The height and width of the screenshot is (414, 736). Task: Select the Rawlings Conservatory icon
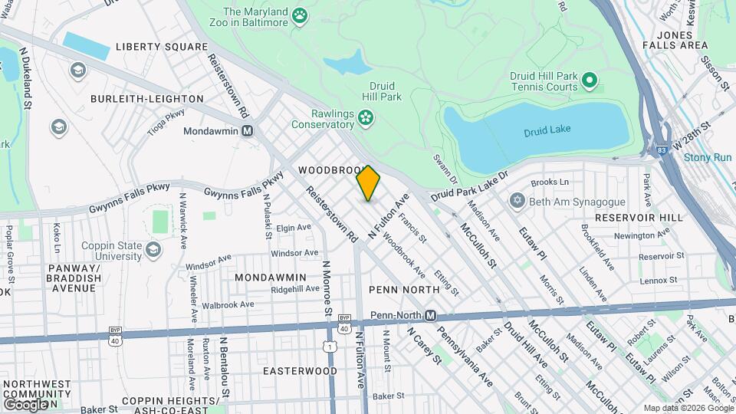(x=366, y=117)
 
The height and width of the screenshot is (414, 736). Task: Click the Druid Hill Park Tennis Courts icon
(x=589, y=79)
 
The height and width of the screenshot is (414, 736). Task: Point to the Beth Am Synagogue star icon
(x=517, y=200)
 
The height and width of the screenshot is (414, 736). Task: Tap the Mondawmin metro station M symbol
(x=248, y=130)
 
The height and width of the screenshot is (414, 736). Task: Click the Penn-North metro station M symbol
(x=431, y=316)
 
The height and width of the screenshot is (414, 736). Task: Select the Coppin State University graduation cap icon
(x=153, y=250)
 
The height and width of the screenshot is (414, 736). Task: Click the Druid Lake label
(x=547, y=132)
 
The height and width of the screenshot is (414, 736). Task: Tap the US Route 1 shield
(x=330, y=347)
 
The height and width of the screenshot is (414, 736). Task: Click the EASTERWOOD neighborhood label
(x=300, y=370)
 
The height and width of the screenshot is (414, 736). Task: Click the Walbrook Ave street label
(x=225, y=304)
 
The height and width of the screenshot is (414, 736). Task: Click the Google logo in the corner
(x=26, y=403)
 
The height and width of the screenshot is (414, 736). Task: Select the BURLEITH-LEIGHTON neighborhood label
(x=147, y=99)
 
